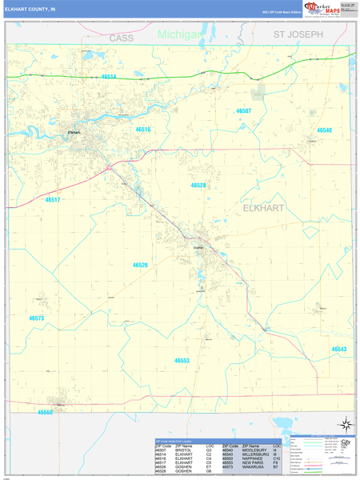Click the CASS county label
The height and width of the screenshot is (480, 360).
pyautogui.click(x=122, y=38)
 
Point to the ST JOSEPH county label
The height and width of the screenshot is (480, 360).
pyautogui.click(x=298, y=35)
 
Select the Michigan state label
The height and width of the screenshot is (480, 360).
pyautogui.click(x=179, y=34)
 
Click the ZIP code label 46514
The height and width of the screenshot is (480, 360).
pyautogui.click(x=108, y=77)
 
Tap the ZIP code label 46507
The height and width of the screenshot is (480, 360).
pyautogui.click(x=243, y=111)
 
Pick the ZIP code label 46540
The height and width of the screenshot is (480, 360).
pyautogui.click(x=324, y=130)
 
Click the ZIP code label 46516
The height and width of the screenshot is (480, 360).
pyautogui.click(x=143, y=129)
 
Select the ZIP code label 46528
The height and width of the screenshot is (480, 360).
pyautogui.click(x=198, y=185)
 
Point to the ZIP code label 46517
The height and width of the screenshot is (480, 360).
pyautogui.click(x=53, y=200)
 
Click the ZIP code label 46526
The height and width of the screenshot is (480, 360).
pyautogui.click(x=140, y=265)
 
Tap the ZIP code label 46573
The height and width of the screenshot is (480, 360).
pyautogui.click(x=37, y=318)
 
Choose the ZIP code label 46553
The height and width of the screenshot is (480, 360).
pyautogui.click(x=182, y=360)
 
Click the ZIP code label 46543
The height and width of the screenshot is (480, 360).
pyautogui.click(x=339, y=350)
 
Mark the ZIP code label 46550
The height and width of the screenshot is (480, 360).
pyautogui.click(x=45, y=412)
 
